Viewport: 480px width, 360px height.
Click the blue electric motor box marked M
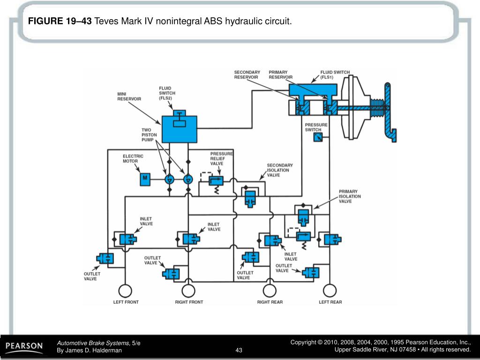(145, 179)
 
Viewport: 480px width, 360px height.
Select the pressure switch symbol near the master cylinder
(318, 137)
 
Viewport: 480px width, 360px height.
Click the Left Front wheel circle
(126, 291)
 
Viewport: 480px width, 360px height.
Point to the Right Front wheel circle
(188, 291)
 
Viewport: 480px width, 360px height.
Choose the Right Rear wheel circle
(269, 291)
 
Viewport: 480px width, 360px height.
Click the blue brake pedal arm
(389, 112)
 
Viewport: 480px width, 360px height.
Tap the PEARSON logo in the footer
(24, 346)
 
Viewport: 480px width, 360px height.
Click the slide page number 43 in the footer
(239, 350)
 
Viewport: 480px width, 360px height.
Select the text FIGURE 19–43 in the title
(60, 21)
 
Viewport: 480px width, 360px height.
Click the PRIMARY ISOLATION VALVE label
(350, 196)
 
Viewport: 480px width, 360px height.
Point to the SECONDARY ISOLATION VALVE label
(280, 170)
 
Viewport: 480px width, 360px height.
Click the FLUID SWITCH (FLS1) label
(335, 75)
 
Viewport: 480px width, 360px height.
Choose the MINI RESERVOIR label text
(129, 96)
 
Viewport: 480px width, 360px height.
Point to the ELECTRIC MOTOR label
(133, 158)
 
